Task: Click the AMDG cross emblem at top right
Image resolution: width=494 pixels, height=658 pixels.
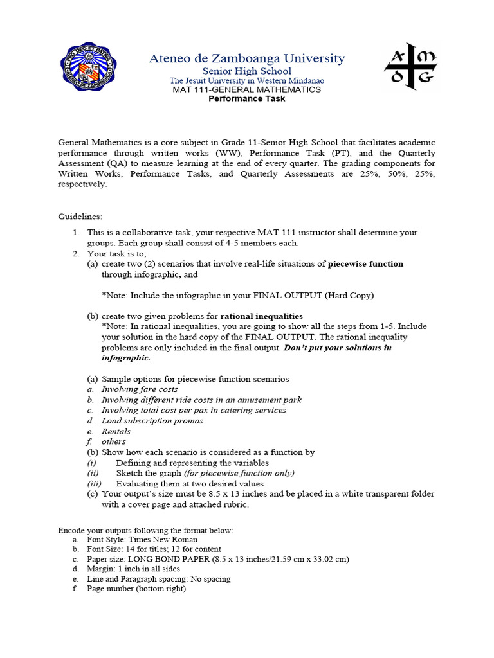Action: tap(410, 67)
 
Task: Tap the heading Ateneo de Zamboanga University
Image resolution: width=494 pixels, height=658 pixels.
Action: tap(247, 58)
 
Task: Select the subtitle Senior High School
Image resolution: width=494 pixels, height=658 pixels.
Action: tap(247, 71)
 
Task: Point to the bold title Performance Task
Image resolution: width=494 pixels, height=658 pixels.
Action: tap(247, 98)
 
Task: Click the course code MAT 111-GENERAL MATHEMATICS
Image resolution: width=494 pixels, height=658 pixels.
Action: tap(247, 89)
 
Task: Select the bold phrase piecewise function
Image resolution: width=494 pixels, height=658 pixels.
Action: tap(365, 264)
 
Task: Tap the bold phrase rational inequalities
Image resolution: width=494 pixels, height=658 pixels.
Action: tap(261, 316)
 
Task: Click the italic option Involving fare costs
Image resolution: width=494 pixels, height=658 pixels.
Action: tap(140, 389)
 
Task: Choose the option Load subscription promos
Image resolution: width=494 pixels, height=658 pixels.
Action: tap(152, 421)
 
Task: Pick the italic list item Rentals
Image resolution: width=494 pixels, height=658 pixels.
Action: tap(116, 431)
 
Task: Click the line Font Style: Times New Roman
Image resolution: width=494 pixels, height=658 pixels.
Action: tap(142, 540)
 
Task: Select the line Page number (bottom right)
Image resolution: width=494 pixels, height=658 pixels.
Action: tap(136, 589)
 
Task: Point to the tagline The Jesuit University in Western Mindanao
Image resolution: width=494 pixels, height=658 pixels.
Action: tap(247, 80)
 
